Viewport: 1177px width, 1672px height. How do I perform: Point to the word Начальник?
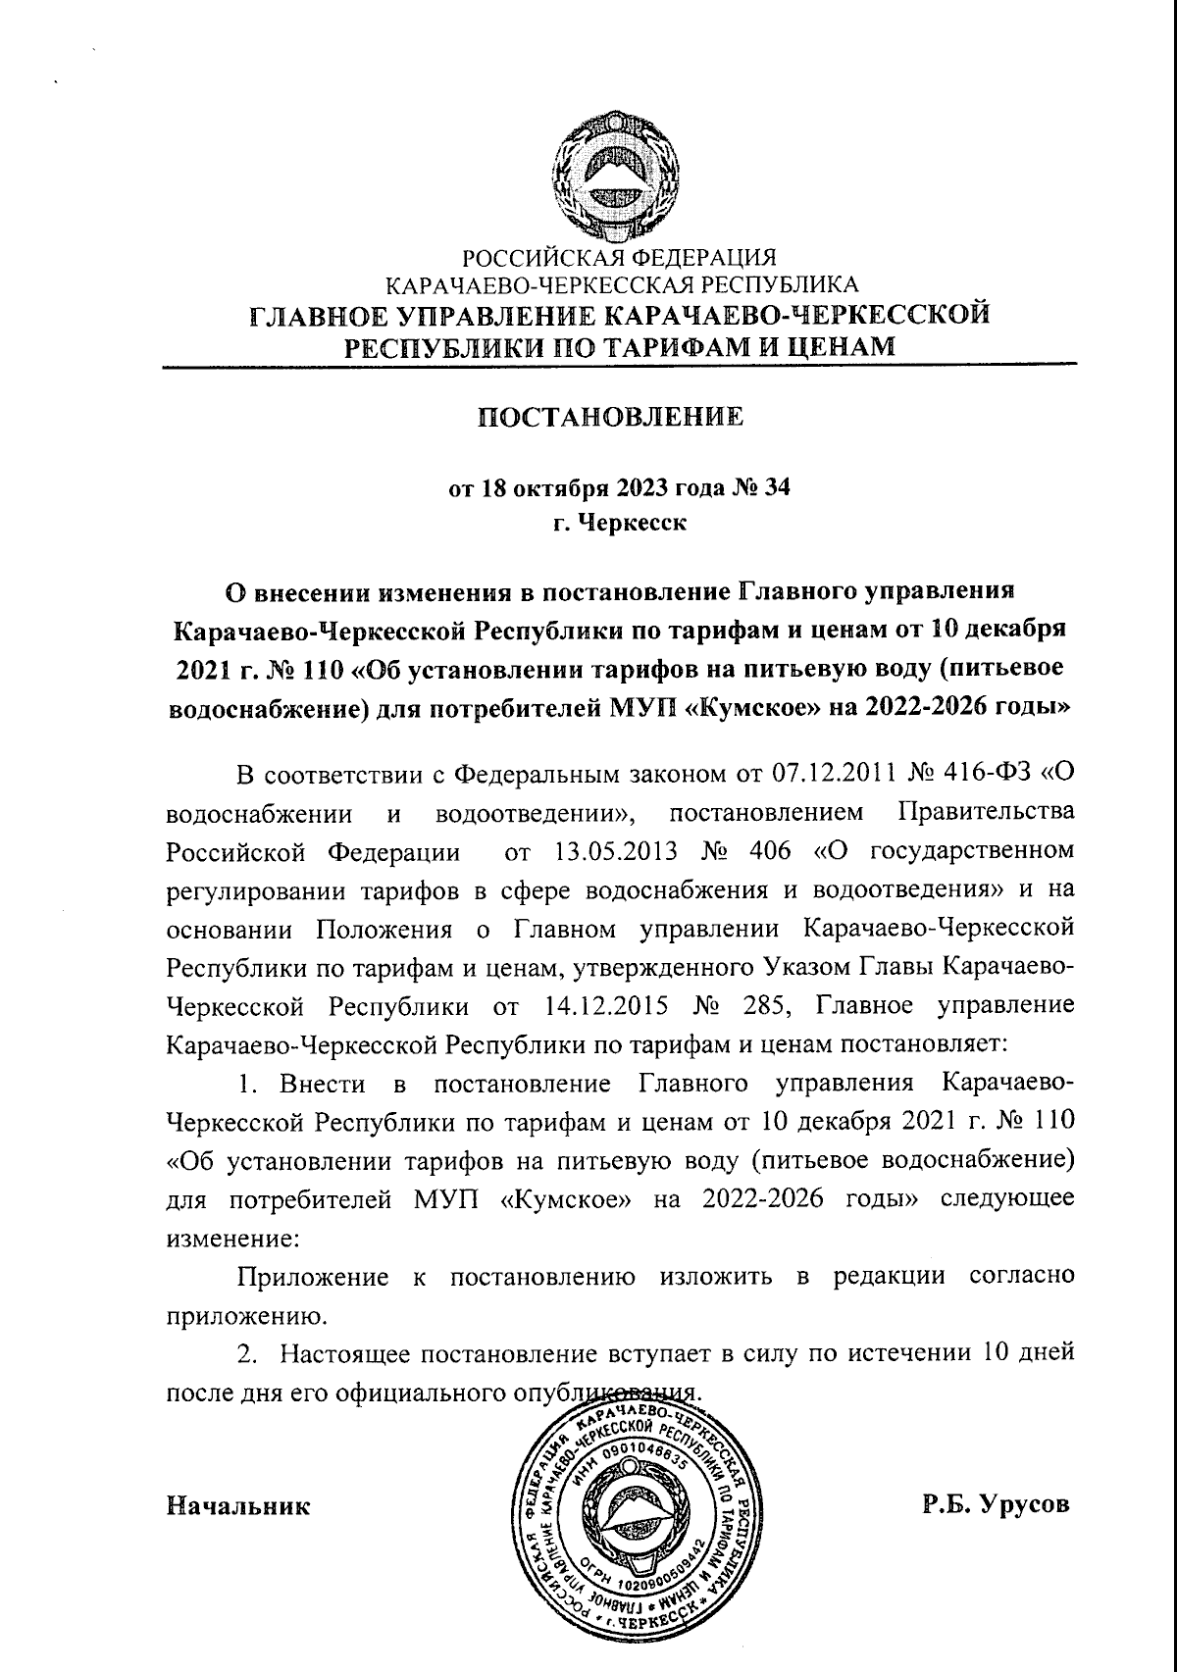click(x=238, y=1505)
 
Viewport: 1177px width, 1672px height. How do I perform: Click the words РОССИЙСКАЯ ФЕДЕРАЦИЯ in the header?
click(x=619, y=259)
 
